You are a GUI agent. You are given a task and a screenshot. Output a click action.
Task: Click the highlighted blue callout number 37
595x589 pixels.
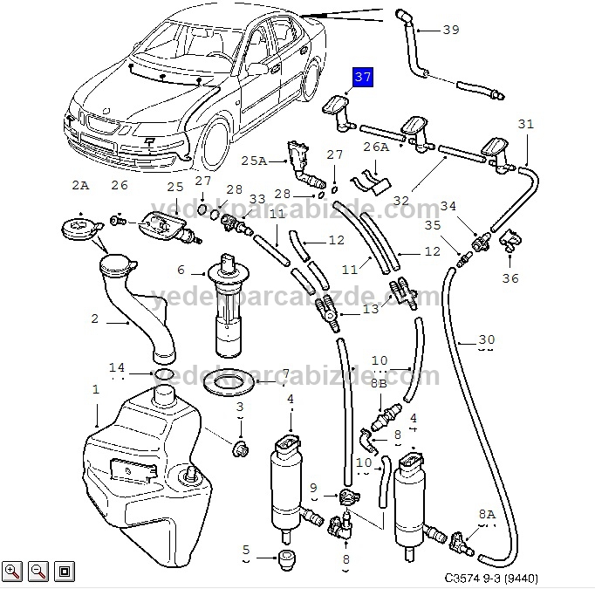coord(362,78)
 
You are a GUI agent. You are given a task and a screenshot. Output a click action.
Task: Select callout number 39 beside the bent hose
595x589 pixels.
coord(450,30)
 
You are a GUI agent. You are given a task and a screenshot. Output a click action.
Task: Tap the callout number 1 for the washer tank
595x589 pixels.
coord(96,389)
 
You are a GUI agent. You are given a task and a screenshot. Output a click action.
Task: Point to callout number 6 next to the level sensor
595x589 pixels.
coord(181,270)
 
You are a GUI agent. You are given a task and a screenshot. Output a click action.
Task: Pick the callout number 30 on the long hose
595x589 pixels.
coord(487,339)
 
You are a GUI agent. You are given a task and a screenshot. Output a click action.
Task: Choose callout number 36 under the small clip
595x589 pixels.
coord(510,278)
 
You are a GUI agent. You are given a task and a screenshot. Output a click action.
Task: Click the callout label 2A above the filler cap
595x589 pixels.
coord(79,185)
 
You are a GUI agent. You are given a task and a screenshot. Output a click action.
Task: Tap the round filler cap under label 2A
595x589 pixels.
coord(79,229)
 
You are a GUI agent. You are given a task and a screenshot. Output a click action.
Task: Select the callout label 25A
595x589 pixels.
coord(254,161)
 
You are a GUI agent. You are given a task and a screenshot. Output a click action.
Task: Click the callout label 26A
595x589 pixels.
coord(376,147)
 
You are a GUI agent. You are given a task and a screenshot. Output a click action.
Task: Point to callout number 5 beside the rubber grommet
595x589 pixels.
coord(246,550)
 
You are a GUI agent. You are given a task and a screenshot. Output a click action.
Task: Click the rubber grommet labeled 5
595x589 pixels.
coord(285,558)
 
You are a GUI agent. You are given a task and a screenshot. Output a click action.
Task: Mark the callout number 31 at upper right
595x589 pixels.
coord(525,124)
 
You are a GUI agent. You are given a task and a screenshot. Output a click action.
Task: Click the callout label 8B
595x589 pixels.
coord(378,382)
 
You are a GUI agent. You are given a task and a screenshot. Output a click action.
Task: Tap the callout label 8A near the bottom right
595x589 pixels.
coord(486,515)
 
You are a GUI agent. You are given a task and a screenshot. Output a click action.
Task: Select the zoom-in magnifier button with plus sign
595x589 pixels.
coord(12,572)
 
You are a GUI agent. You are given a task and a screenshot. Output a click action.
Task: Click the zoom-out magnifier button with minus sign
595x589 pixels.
coord(38,572)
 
